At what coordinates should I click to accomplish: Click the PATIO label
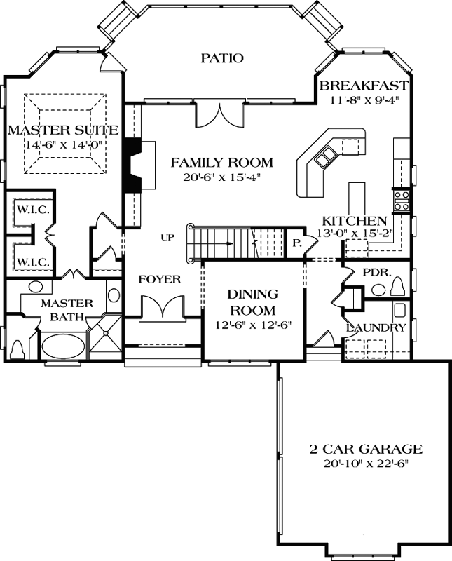tap(221, 58)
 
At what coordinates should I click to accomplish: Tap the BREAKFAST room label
tap(363, 86)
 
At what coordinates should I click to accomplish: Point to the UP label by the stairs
tap(167, 238)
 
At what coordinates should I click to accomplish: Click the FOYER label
tap(159, 279)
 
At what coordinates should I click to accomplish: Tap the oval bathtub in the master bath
tap(62, 346)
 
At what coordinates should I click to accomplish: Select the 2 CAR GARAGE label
tap(366, 449)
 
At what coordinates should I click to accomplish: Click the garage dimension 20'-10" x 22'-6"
tap(366, 464)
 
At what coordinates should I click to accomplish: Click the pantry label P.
tap(296, 243)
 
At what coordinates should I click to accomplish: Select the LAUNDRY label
tap(376, 327)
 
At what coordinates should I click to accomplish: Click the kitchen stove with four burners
tap(401, 201)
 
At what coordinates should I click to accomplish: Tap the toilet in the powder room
tap(400, 287)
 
